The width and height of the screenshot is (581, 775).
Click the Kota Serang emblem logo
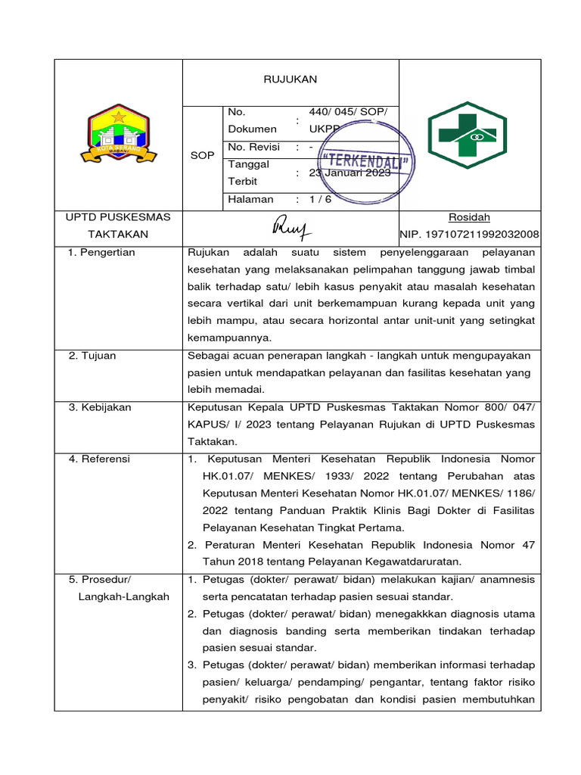[118, 135]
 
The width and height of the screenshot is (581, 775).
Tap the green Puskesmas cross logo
[469, 135]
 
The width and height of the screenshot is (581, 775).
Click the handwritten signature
[292, 226]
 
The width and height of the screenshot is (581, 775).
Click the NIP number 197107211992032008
[469, 235]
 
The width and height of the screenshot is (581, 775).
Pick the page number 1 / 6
[320, 199]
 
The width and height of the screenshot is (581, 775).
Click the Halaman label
[249, 199]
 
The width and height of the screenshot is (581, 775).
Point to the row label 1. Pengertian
[101, 252]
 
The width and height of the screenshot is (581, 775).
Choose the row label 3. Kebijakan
[100, 407]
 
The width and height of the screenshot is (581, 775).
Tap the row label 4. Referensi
[99, 459]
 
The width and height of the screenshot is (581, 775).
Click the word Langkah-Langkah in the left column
[123, 596]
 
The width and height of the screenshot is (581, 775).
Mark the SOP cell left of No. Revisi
[201, 155]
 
